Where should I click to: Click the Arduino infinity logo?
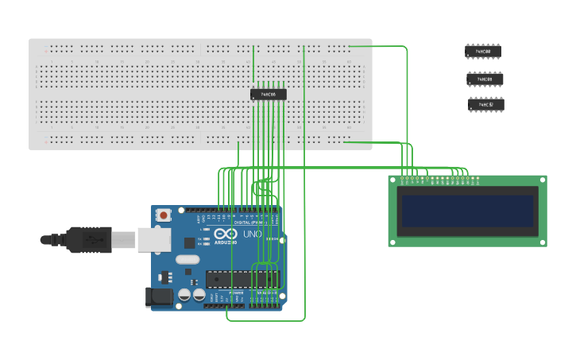[224, 235]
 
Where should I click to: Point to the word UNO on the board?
[252, 235]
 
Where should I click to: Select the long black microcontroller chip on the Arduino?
[242, 278]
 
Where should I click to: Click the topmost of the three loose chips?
[483, 51]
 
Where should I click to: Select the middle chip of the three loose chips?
[485, 79]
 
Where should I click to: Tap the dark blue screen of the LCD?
[468, 211]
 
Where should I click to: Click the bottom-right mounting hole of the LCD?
[541, 241]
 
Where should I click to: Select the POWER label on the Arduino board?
[237, 292]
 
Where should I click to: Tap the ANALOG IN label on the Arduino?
[265, 292]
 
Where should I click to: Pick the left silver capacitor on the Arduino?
[184, 295]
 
